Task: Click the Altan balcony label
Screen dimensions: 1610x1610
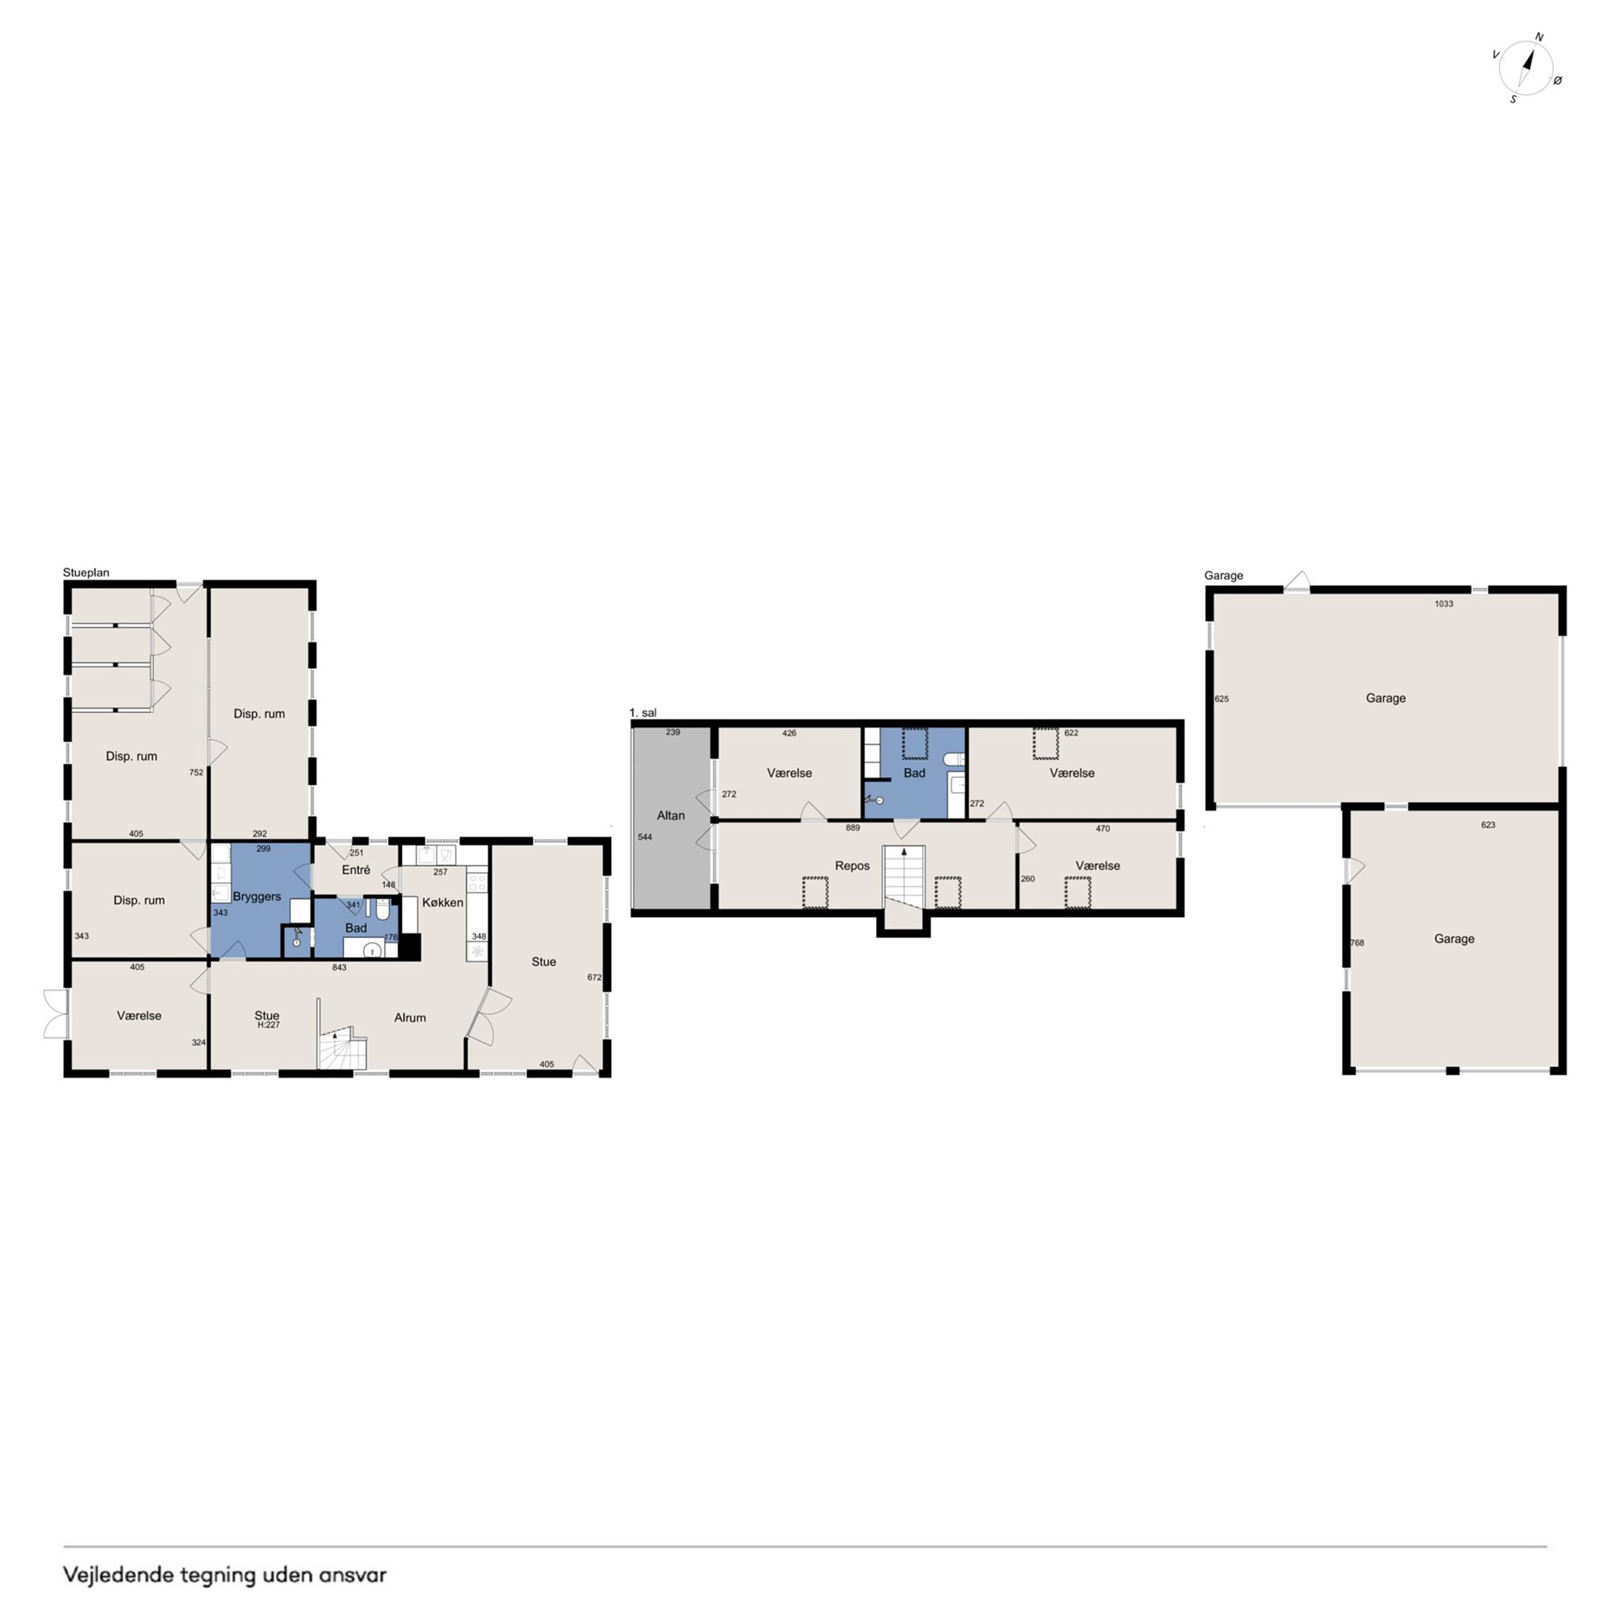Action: click(x=671, y=815)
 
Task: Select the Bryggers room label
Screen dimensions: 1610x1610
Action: click(x=256, y=897)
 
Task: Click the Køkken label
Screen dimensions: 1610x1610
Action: click(x=443, y=902)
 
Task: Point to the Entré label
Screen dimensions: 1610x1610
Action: click(x=356, y=870)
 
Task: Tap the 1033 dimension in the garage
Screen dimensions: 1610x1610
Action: click(x=1444, y=604)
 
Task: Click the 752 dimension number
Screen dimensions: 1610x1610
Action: click(x=196, y=773)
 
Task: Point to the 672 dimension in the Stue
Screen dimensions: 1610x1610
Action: click(x=594, y=978)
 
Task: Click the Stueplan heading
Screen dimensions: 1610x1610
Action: click(x=86, y=573)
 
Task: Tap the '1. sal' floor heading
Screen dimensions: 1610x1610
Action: click(x=643, y=713)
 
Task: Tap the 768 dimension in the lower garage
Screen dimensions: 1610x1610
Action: click(x=1357, y=943)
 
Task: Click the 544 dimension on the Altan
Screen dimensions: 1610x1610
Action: click(x=645, y=837)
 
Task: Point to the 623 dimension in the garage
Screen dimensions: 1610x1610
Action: click(x=1489, y=825)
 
